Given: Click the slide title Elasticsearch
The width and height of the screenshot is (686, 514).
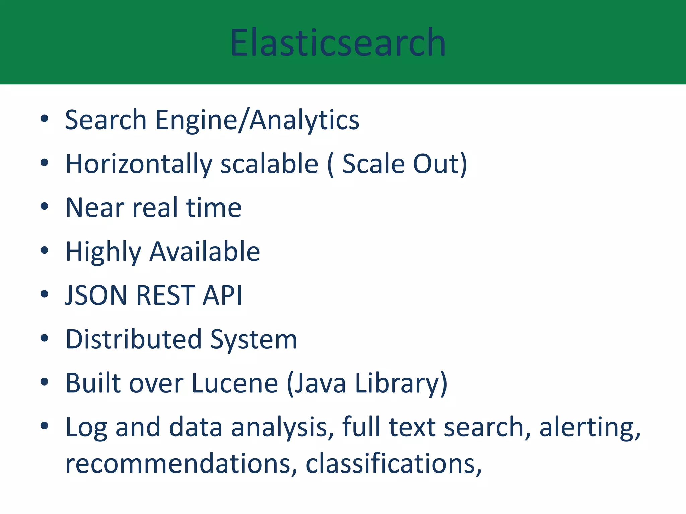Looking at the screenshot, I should tap(338, 42).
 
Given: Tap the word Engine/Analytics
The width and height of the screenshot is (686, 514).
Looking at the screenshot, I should tap(257, 120).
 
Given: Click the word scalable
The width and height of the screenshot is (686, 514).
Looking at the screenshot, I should tap(269, 164).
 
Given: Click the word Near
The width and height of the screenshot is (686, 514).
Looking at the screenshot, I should tap(95, 208).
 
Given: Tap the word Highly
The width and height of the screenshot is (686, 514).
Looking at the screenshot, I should tap(103, 252).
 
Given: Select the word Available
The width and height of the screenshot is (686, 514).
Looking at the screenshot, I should tap(205, 252).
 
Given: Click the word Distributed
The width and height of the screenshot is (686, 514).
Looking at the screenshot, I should tap(133, 339).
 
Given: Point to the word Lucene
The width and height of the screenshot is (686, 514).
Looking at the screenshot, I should tap(234, 383).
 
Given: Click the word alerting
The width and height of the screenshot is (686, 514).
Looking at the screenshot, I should tap(590, 428).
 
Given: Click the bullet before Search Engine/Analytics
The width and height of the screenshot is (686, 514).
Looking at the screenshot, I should tap(44, 119).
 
